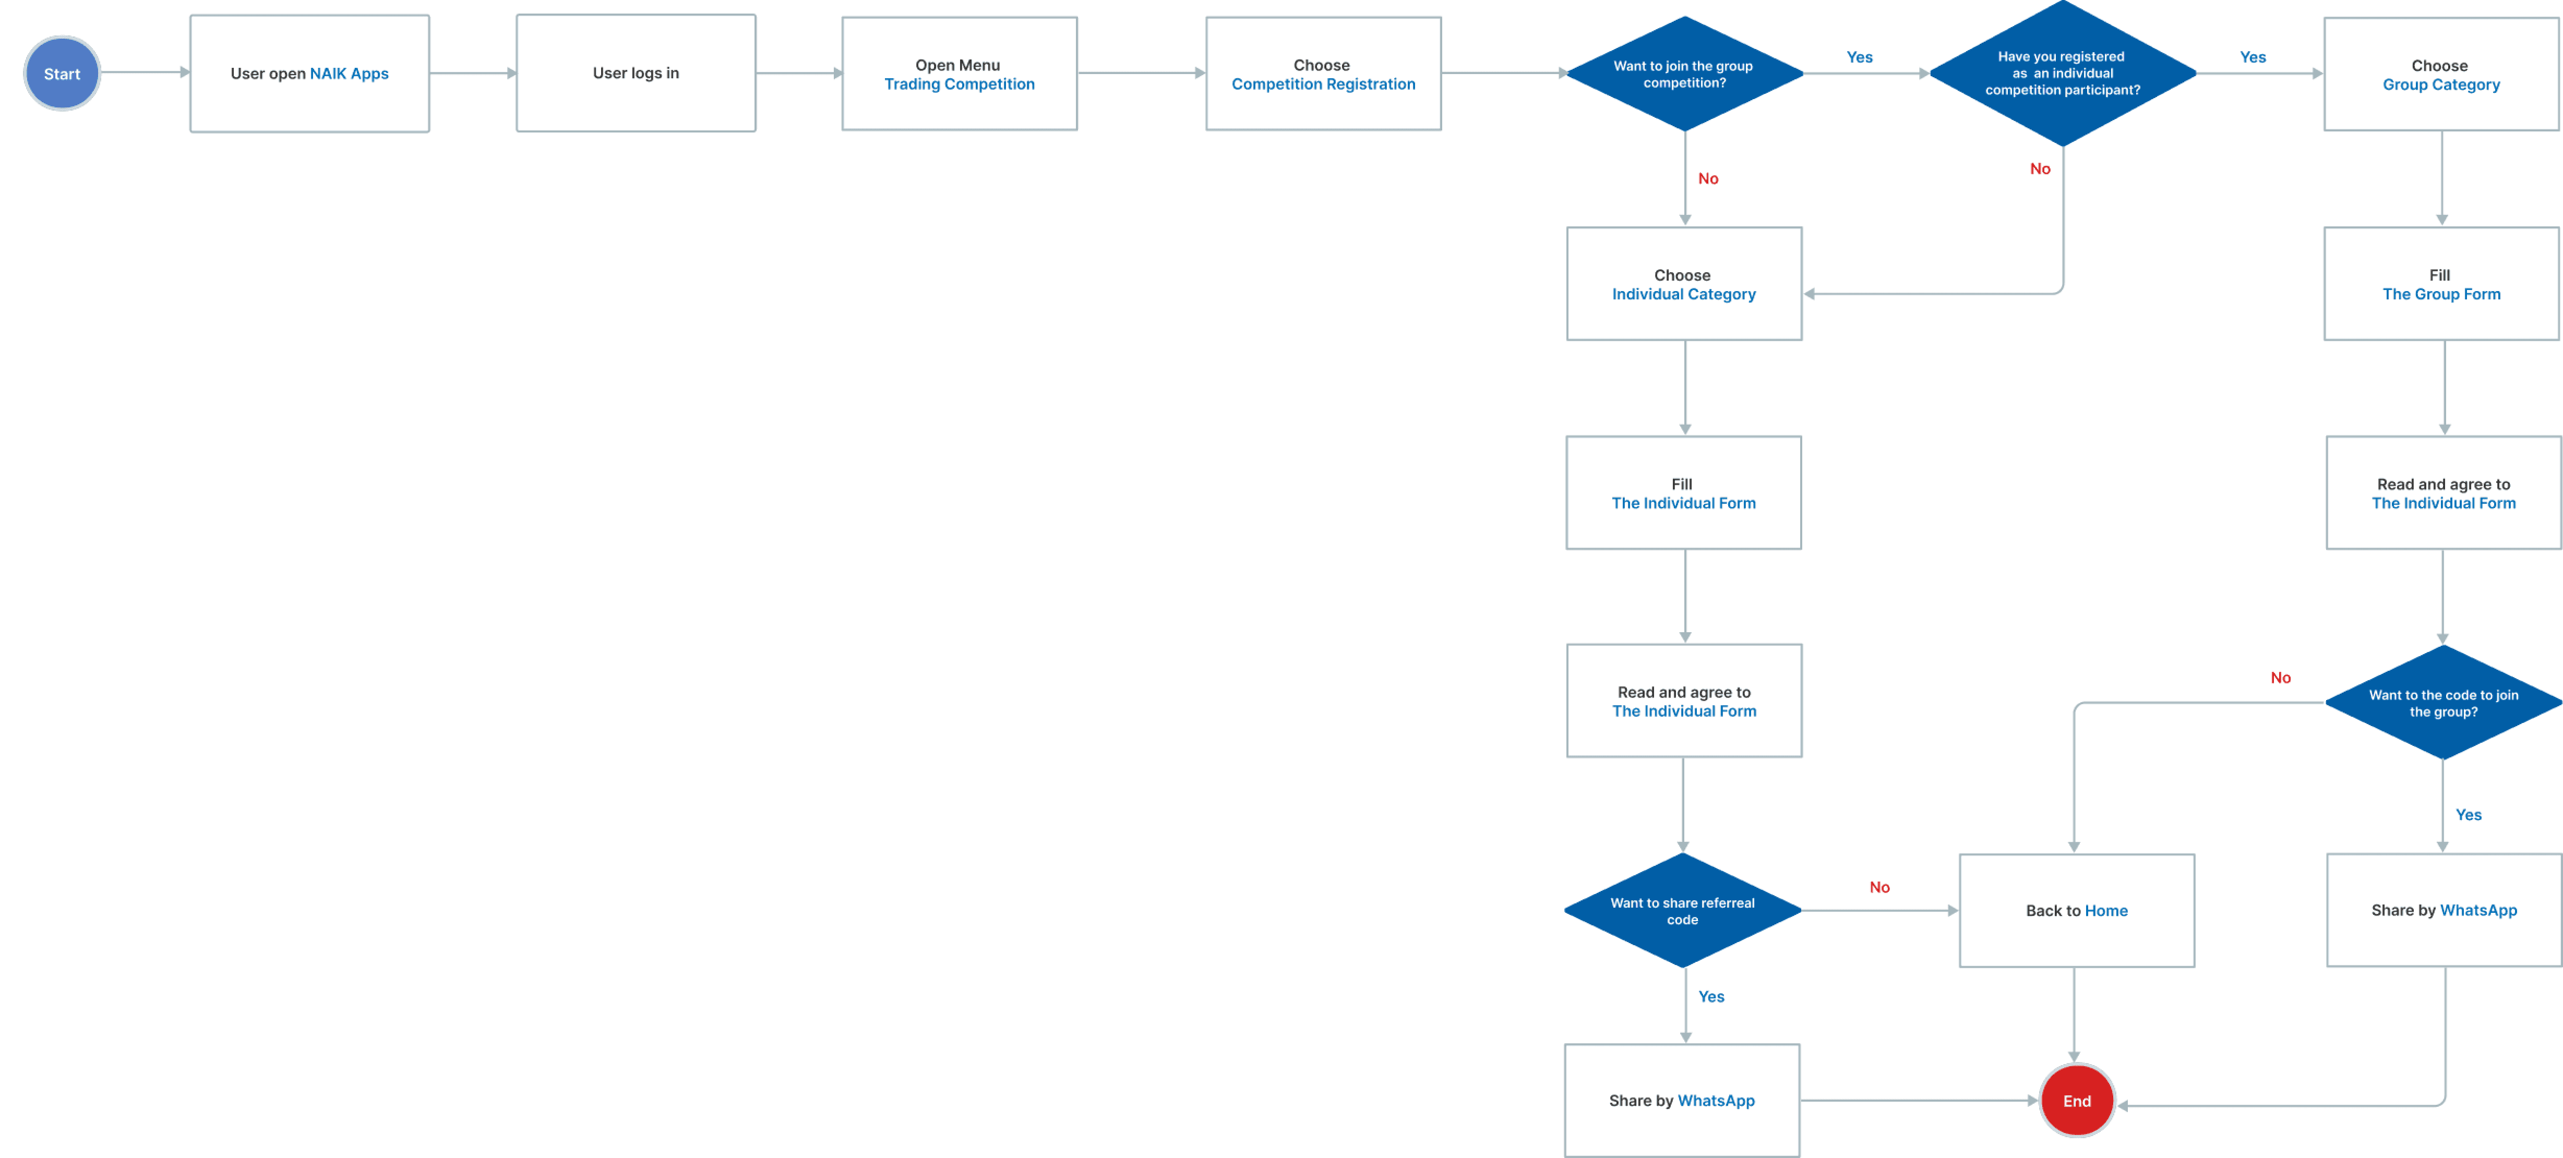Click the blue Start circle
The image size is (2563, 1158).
coord(62,74)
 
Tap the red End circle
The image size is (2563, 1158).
coord(2077,1100)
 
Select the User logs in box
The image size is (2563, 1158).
coord(636,73)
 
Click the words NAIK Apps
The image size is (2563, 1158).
coord(349,74)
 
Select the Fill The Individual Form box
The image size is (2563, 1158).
coord(1683,492)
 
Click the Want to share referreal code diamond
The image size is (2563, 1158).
coord(1682,910)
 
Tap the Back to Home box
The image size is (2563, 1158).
coord(2077,910)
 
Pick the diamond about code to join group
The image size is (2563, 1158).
coord(2444,702)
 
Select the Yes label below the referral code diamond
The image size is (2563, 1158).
coord(1711,996)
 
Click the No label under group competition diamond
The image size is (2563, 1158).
coord(1708,178)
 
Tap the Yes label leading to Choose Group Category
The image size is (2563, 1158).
coord(2253,57)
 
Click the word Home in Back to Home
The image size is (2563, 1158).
coord(2106,910)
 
